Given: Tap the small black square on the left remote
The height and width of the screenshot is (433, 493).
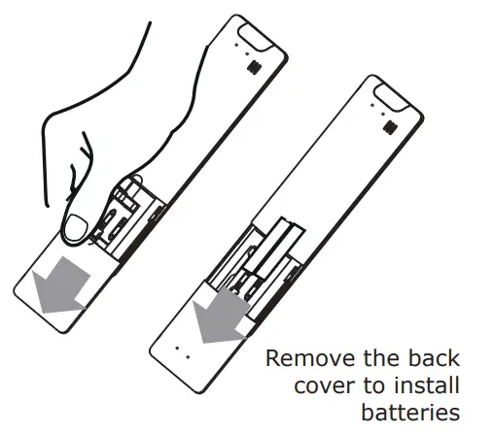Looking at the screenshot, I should tap(255, 67).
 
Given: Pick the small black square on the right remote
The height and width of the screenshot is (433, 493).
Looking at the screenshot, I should tap(388, 127).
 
